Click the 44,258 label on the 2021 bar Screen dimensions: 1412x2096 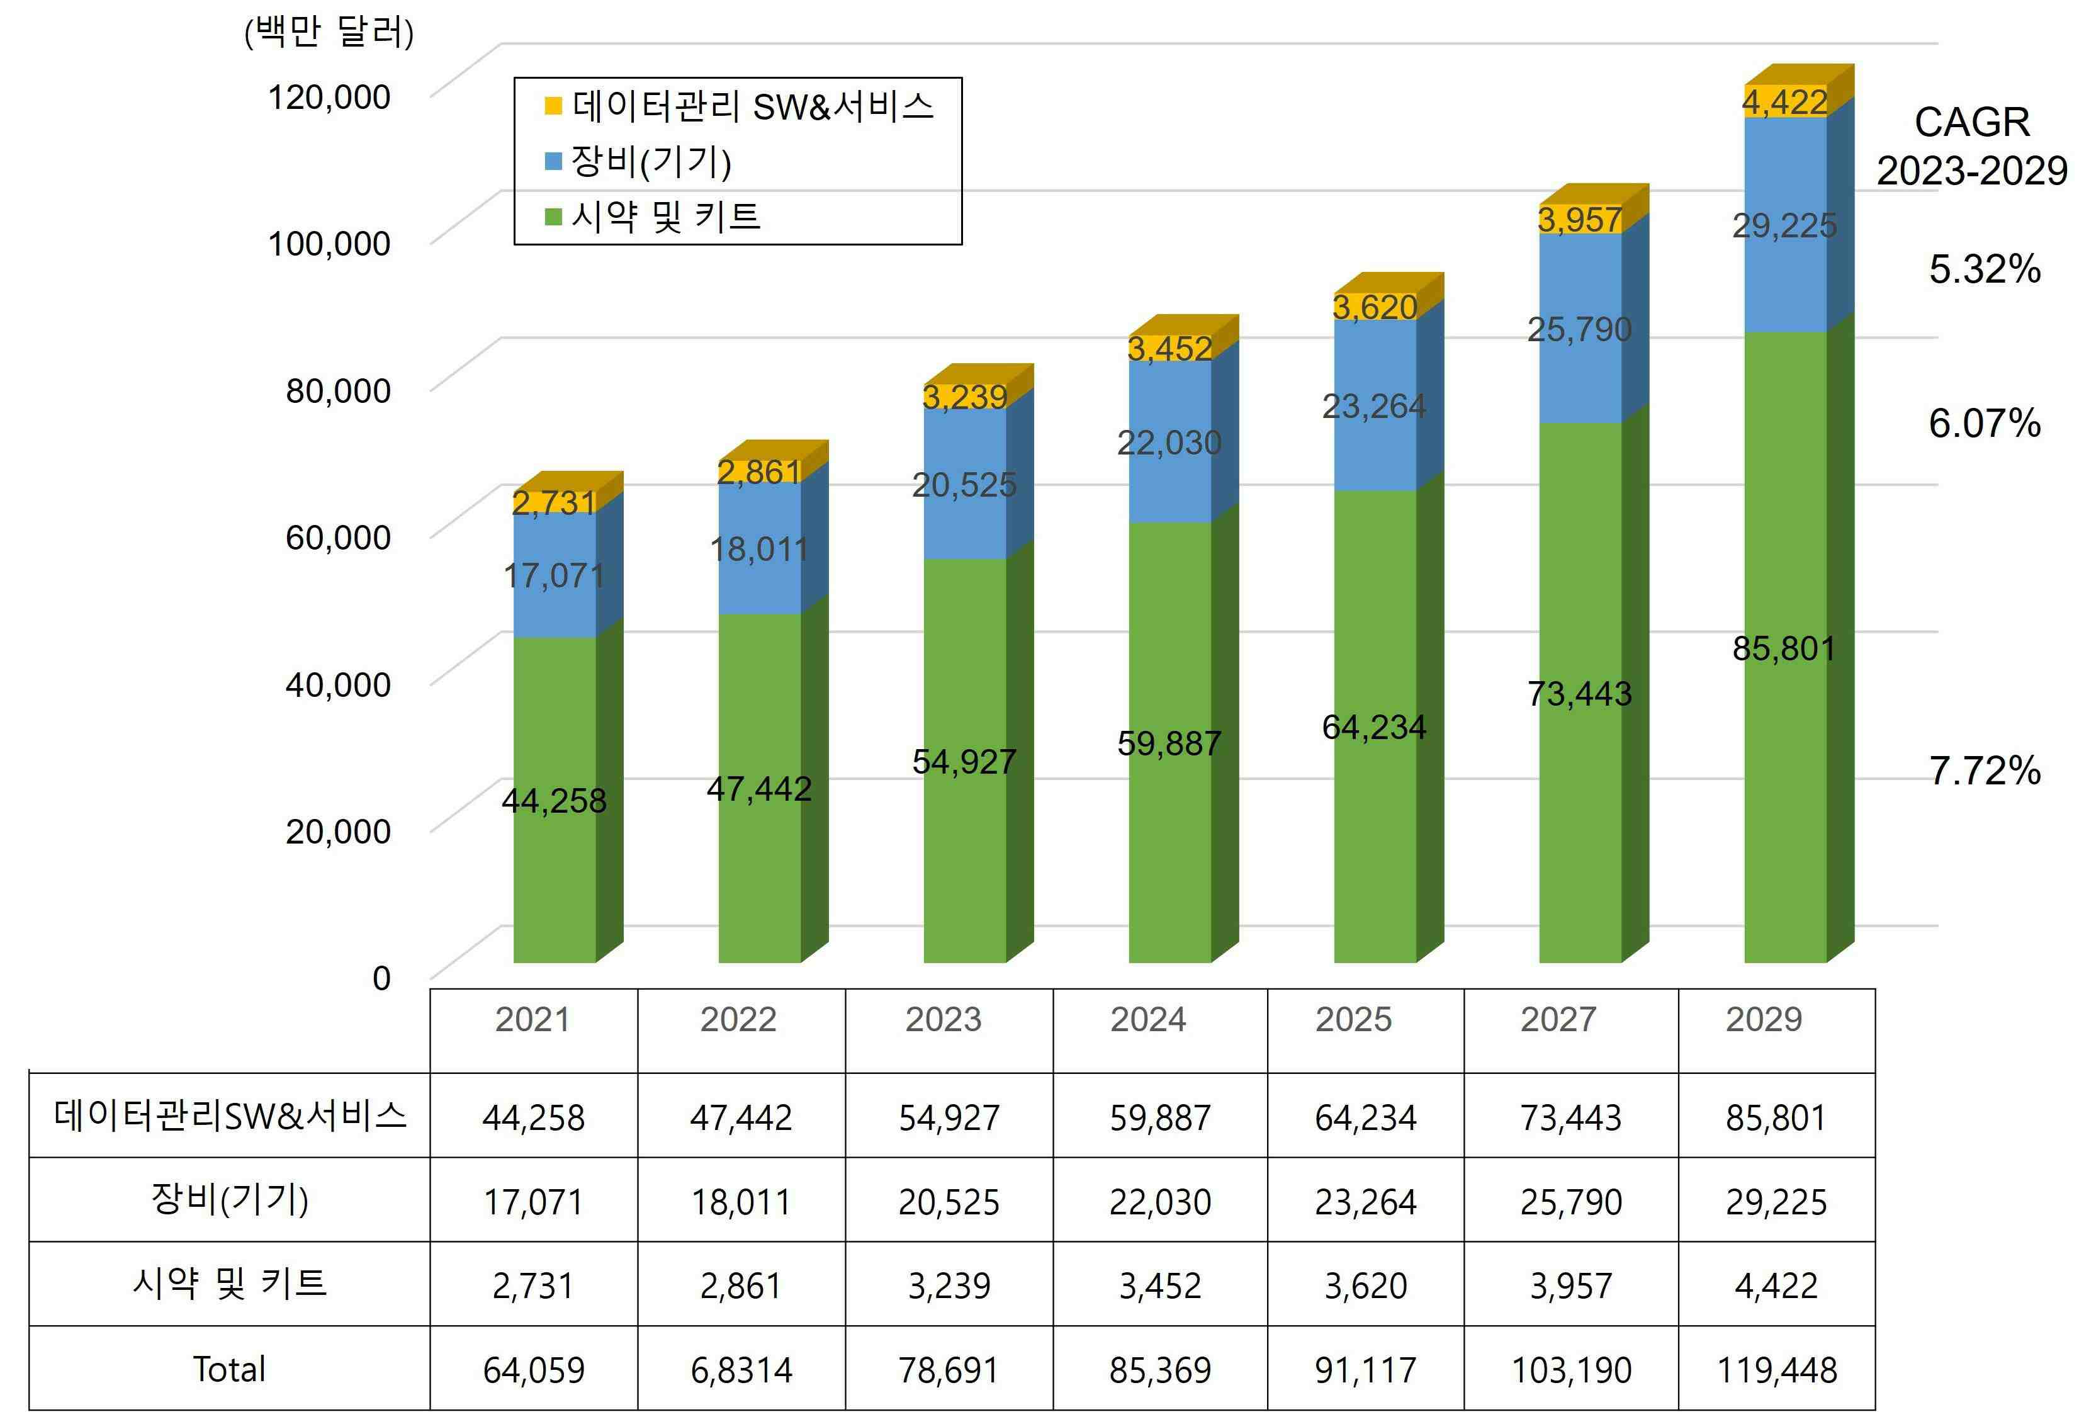point(554,801)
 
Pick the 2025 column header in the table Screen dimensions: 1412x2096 point(1353,1019)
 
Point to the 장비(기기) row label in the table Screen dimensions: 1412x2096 point(230,1199)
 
